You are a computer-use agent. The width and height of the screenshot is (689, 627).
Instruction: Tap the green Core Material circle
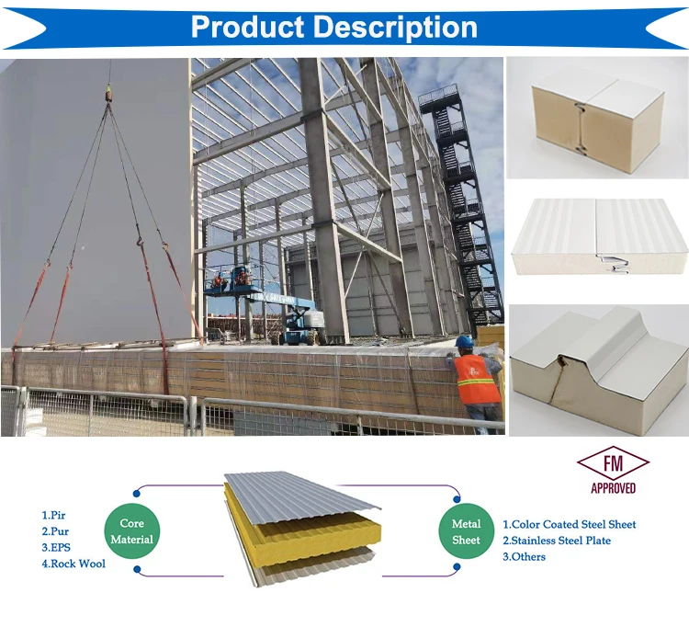click(x=131, y=531)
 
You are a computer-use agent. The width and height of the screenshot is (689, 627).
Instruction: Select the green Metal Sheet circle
click(x=466, y=531)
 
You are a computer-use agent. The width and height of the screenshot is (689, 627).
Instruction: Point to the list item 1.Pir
click(x=54, y=516)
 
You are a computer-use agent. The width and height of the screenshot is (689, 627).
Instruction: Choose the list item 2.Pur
click(x=55, y=531)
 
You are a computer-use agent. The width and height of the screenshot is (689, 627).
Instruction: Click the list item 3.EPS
click(x=56, y=547)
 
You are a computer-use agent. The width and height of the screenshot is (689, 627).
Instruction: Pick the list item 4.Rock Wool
click(x=73, y=563)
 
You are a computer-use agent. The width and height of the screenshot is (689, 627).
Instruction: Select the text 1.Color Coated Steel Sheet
click(x=569, y=524)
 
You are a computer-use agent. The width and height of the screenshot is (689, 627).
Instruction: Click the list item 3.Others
click(x=524, y=556)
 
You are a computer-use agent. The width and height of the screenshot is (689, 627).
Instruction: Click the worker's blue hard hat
click(x=465, y=341)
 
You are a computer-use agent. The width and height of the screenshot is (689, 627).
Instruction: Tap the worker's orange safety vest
click(x=477, y=380)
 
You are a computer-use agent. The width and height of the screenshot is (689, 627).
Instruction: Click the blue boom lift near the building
click(x=299, y=317)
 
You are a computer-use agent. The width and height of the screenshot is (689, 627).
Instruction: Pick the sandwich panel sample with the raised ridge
click(x=598, y=368)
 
